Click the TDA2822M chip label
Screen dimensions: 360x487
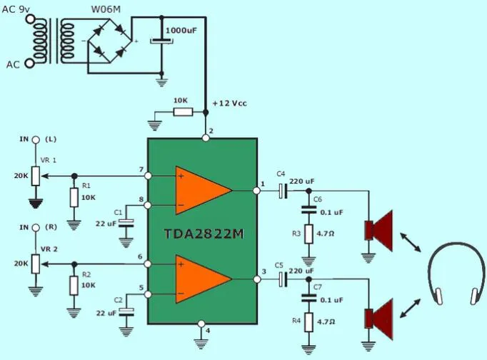point(204,234)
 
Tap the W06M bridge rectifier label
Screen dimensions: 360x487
point(105,9)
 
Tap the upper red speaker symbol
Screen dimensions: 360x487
point(379,229)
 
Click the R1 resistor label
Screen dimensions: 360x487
point(86,186)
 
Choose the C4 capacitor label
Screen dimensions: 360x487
point(280,174)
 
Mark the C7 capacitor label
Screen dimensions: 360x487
point(318,286)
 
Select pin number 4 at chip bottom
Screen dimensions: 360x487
point(207,331)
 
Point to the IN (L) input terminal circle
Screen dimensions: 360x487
point(35,140)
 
